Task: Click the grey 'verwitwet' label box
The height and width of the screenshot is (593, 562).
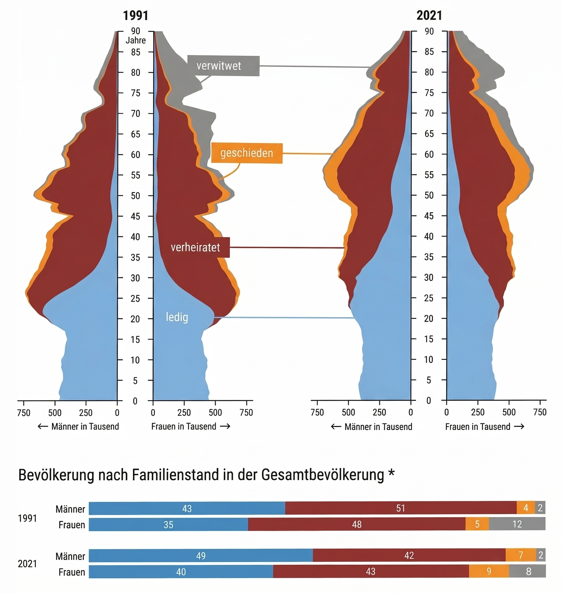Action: coord(223,66)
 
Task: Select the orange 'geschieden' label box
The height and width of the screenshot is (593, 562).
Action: coord(247,153)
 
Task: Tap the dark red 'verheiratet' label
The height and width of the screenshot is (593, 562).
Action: coord(195,247)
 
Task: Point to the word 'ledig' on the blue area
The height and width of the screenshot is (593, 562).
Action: coord(177,317)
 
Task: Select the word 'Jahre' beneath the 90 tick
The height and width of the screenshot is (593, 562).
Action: coord(135,40)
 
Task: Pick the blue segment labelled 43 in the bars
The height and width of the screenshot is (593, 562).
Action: coord(187,508)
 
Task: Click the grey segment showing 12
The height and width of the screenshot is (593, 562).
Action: coord(517,524)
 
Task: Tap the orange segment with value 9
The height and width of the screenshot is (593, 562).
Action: coord(489,571)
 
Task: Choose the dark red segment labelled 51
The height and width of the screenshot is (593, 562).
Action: coord(400,508)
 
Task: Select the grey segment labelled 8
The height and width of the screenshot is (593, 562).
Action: coord(528,571)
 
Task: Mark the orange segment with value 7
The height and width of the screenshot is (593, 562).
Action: coord(521,555)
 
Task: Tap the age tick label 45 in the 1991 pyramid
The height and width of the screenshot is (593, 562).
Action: coord(135,216)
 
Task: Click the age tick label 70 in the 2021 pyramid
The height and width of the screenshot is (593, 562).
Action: coord(429,113)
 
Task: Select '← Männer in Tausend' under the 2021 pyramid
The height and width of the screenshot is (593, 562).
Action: coord(372,427)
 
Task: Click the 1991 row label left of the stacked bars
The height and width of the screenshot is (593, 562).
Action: coord(27,518)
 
